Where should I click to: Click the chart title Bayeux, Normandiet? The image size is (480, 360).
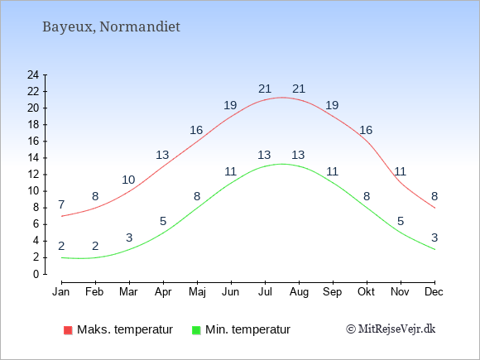(111, 26)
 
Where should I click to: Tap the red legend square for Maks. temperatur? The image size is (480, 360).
(68, 330)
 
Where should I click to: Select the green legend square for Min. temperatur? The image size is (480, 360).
(196, 330)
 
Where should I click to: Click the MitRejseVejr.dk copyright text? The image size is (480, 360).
(391, 329)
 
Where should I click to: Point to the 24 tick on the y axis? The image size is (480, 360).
(33, 74)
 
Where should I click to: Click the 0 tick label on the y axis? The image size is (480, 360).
(36, 274)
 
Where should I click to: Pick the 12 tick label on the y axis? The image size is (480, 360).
(33, 175)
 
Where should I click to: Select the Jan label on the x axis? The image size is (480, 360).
(61, 292)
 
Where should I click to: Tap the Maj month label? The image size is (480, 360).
(197, 292)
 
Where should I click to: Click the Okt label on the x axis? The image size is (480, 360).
(366, 292)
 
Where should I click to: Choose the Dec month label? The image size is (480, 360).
(434, 292)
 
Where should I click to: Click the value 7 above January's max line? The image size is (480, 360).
(61, 204)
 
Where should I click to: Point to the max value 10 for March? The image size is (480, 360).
(128, 180)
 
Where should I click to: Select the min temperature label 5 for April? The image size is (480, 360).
(163, 221)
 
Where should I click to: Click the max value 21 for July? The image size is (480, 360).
(265, 89)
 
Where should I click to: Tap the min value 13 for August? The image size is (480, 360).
(298, 155)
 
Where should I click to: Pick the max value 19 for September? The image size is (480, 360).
(332, 105)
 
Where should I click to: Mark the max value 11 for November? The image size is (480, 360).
(400, 171)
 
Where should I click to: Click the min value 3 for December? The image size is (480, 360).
(434, 238)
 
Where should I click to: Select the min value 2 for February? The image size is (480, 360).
(95, 246)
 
